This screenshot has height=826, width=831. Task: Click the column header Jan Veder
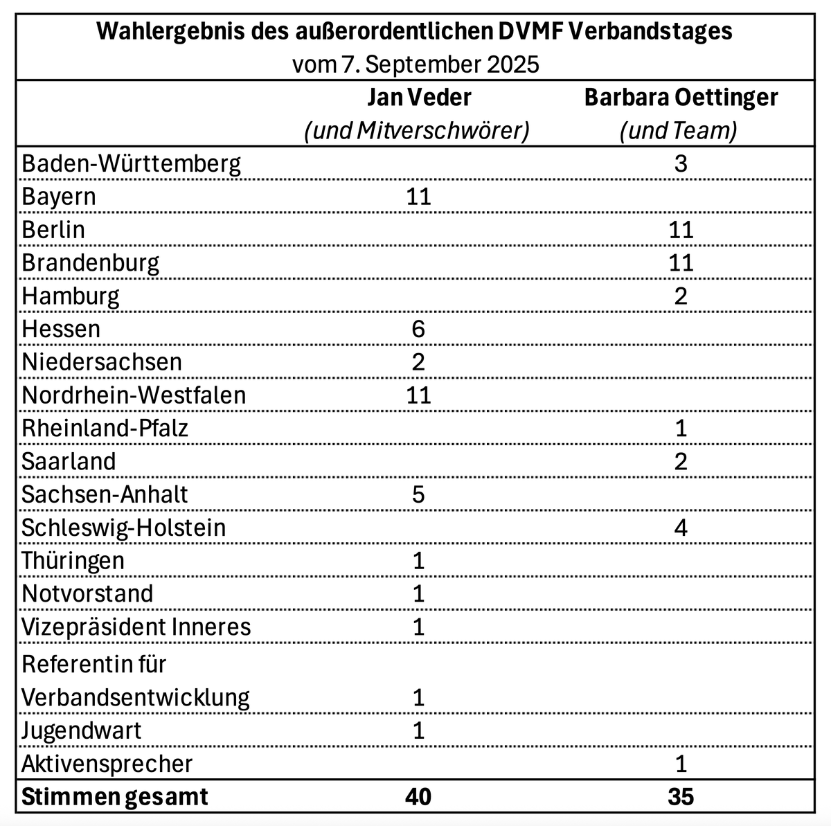tap(418, 98)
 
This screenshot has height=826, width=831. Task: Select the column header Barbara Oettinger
tap(681, 98)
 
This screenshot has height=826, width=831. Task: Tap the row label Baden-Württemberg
tap(132, 164)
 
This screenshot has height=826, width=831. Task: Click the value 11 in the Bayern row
tap(418, 197)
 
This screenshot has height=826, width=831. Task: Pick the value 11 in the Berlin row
tap(681, 230)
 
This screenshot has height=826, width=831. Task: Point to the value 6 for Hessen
tap(418, 329)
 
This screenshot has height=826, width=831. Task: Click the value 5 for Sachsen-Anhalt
tap(418, 494)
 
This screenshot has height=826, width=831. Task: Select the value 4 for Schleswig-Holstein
tap(681, 528)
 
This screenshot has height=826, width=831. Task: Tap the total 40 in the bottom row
tap(418, 796)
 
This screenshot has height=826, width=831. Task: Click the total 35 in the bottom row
tap(681, 796)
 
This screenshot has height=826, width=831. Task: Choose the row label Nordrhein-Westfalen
tap(134, 395)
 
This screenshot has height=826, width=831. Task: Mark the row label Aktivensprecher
tap(107, 764)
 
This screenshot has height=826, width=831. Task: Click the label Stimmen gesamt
tap(115, 796)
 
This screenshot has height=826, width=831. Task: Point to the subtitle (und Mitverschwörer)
tap(417, 131)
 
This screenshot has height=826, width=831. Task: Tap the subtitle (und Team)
tap(679, 131)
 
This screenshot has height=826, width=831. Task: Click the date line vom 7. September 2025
tap(415, 64)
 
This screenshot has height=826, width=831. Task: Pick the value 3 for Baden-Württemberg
tap(681, 164)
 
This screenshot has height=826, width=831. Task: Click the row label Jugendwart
tap(81, 730)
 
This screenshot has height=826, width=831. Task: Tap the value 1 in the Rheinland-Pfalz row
tap(681, 428)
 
